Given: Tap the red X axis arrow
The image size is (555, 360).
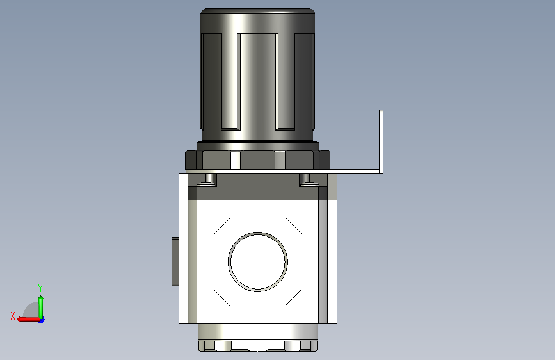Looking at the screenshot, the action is coord(29,320).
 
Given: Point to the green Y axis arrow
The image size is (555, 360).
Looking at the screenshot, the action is coord(41,307).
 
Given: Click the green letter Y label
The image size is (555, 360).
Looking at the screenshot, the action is coord(40,288).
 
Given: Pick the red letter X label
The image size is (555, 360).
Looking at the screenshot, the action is coord(13,316).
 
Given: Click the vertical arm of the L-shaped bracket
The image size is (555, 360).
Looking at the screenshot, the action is coord(381,141).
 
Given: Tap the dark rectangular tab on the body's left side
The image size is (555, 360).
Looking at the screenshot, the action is coord(175,261).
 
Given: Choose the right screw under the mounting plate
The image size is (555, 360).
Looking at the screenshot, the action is coord(309,179).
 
